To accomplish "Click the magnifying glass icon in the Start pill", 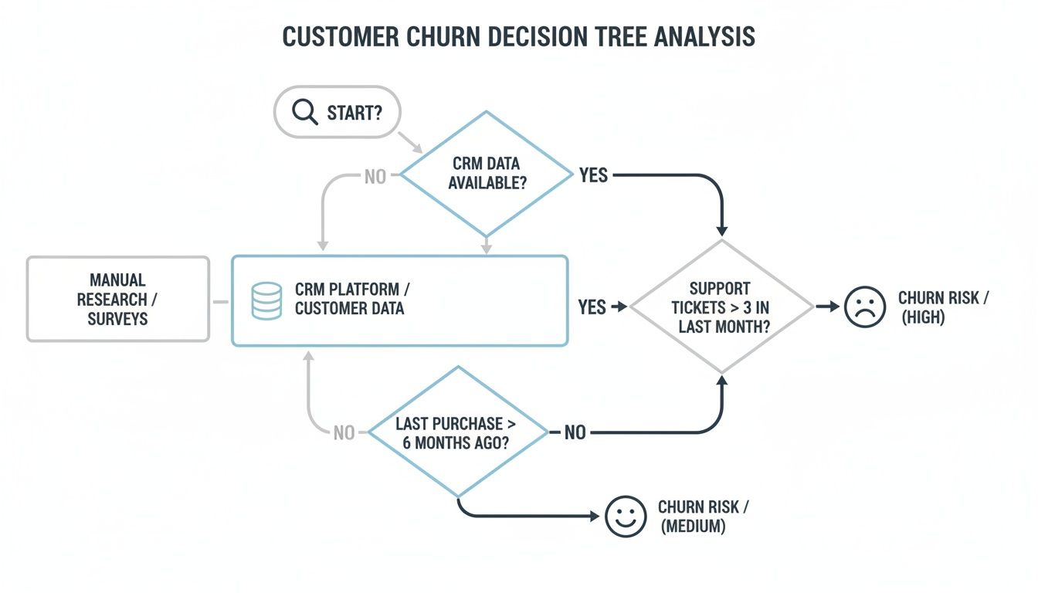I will coord(304,113).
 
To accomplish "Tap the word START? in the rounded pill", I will coord(353,113).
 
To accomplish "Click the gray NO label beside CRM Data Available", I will coord(375,177).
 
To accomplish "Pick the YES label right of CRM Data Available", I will coord(593,176).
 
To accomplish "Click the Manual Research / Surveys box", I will coord(117,299).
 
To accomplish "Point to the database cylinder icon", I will coord(266,300).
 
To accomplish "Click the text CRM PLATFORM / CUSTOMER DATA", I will coord(352,300).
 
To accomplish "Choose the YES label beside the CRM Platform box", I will coord(592,307).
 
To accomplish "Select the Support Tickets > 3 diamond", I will coord(721,307).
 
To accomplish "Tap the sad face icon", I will coord(865,307).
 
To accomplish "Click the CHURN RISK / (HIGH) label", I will coord(943,307).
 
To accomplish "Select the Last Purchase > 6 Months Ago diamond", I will coord(459,432).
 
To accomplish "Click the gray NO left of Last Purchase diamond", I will coord(344,433).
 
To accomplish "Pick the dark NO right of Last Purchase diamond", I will coord(575,433).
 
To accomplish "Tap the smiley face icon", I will coord(625,516).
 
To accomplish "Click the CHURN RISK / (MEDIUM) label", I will coord(703,517).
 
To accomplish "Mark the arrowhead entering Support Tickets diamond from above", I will coord(722,230).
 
